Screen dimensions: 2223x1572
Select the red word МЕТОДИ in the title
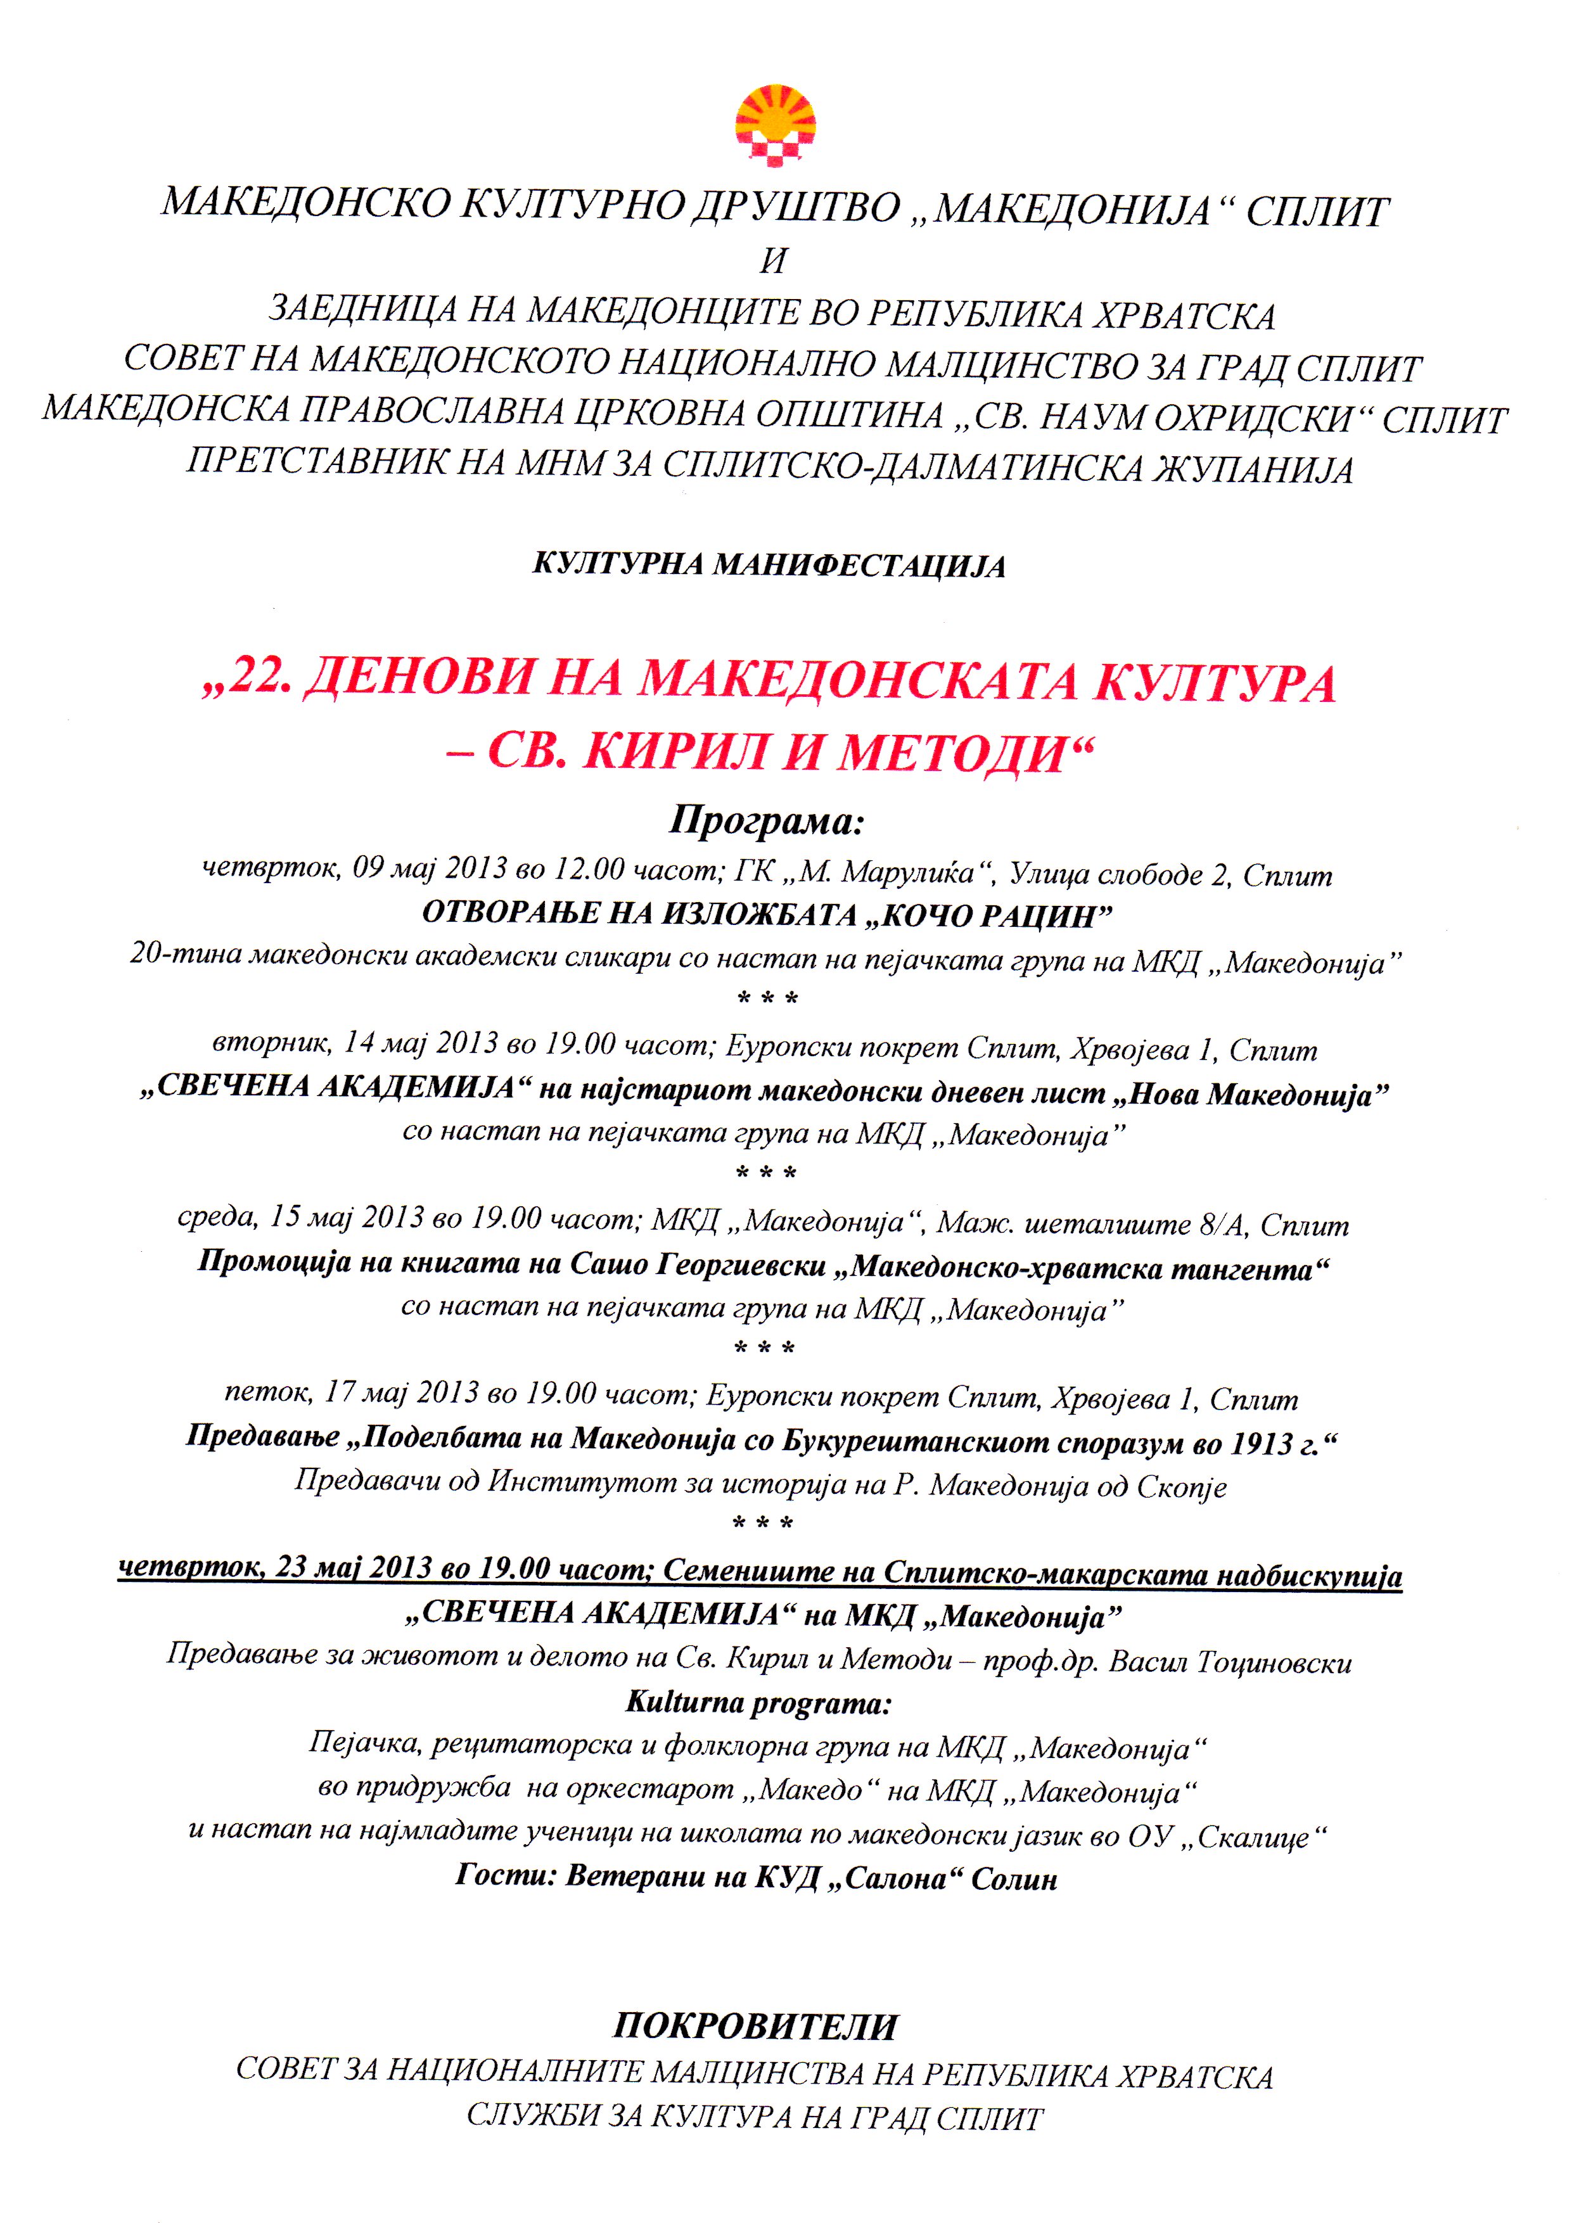[947, 755]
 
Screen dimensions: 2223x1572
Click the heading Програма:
[765, 823]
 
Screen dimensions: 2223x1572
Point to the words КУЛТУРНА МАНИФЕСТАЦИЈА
[769, 566]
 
